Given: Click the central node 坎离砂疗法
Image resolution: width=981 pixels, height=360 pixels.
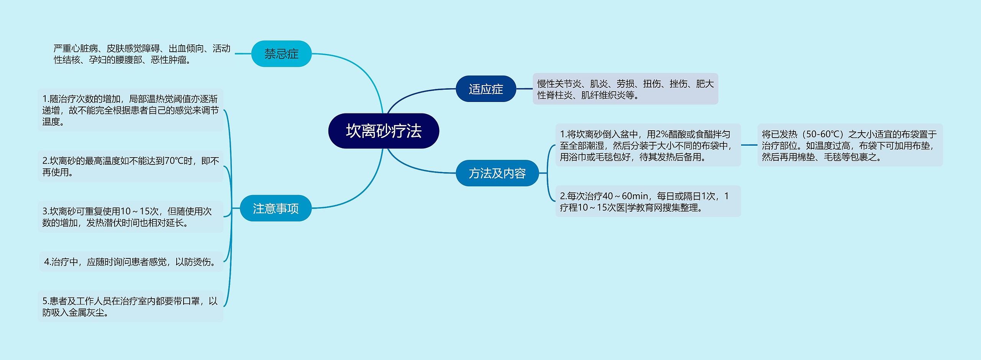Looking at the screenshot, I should (384, 131).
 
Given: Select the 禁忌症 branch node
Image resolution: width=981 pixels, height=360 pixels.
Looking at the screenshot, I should (281, 54).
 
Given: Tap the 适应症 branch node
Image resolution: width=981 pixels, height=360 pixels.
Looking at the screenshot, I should (486, 89).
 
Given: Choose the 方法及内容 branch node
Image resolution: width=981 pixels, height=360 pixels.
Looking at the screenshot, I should (497, 173).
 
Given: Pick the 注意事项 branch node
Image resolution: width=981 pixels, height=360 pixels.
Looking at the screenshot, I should (276, 209).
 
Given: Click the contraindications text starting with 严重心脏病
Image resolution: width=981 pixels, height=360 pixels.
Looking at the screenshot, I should (142, 54).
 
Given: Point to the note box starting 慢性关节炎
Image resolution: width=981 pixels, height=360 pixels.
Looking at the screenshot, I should (625, 89).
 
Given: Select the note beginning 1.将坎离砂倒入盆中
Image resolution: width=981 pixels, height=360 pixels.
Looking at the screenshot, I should (648, 145).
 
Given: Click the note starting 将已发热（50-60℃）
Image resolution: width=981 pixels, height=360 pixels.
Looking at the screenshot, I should (850, 145).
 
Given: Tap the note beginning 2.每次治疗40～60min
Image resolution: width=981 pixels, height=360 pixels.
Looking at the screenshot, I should (648, 202).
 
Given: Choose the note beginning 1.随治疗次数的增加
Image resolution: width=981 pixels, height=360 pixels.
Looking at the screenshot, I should (130, 110).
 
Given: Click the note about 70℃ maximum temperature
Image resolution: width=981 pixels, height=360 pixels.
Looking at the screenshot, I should (130, 166).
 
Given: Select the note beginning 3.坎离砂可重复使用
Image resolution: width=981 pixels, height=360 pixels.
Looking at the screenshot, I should (130, 217).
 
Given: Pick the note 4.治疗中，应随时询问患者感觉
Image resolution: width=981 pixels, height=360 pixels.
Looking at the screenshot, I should (130, 262).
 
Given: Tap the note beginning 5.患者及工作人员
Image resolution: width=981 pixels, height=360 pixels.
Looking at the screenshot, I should (130, 307).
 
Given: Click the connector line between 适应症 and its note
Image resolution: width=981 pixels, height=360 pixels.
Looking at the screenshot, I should (524, 89).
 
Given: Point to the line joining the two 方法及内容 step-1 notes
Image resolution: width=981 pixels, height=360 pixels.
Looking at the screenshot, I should (749, 145).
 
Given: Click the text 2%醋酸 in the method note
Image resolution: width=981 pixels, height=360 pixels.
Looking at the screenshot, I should (670, 134).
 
